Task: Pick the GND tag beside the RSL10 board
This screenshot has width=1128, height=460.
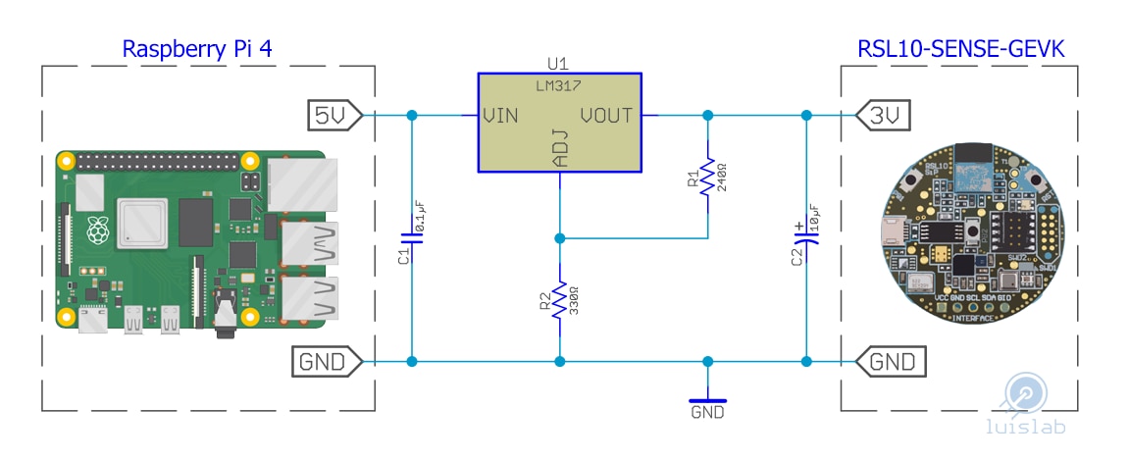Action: click(x=892, y=362)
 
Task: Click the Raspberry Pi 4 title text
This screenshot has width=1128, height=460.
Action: click(x=197, y=49)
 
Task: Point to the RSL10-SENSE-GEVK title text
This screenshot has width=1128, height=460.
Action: click(x=960, y=49)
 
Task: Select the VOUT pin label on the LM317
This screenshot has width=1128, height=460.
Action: click(x=606, y=115)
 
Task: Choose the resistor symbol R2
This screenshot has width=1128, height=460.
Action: click(x=559, y=300)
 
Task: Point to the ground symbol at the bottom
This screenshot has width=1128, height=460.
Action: click(x=707, y=400)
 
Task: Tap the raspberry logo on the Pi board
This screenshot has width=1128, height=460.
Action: click(x=97, y=230)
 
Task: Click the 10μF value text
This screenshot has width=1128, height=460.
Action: click(x=814, y=218)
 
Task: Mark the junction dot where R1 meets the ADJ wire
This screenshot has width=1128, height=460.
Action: click(x=559, y=238)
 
